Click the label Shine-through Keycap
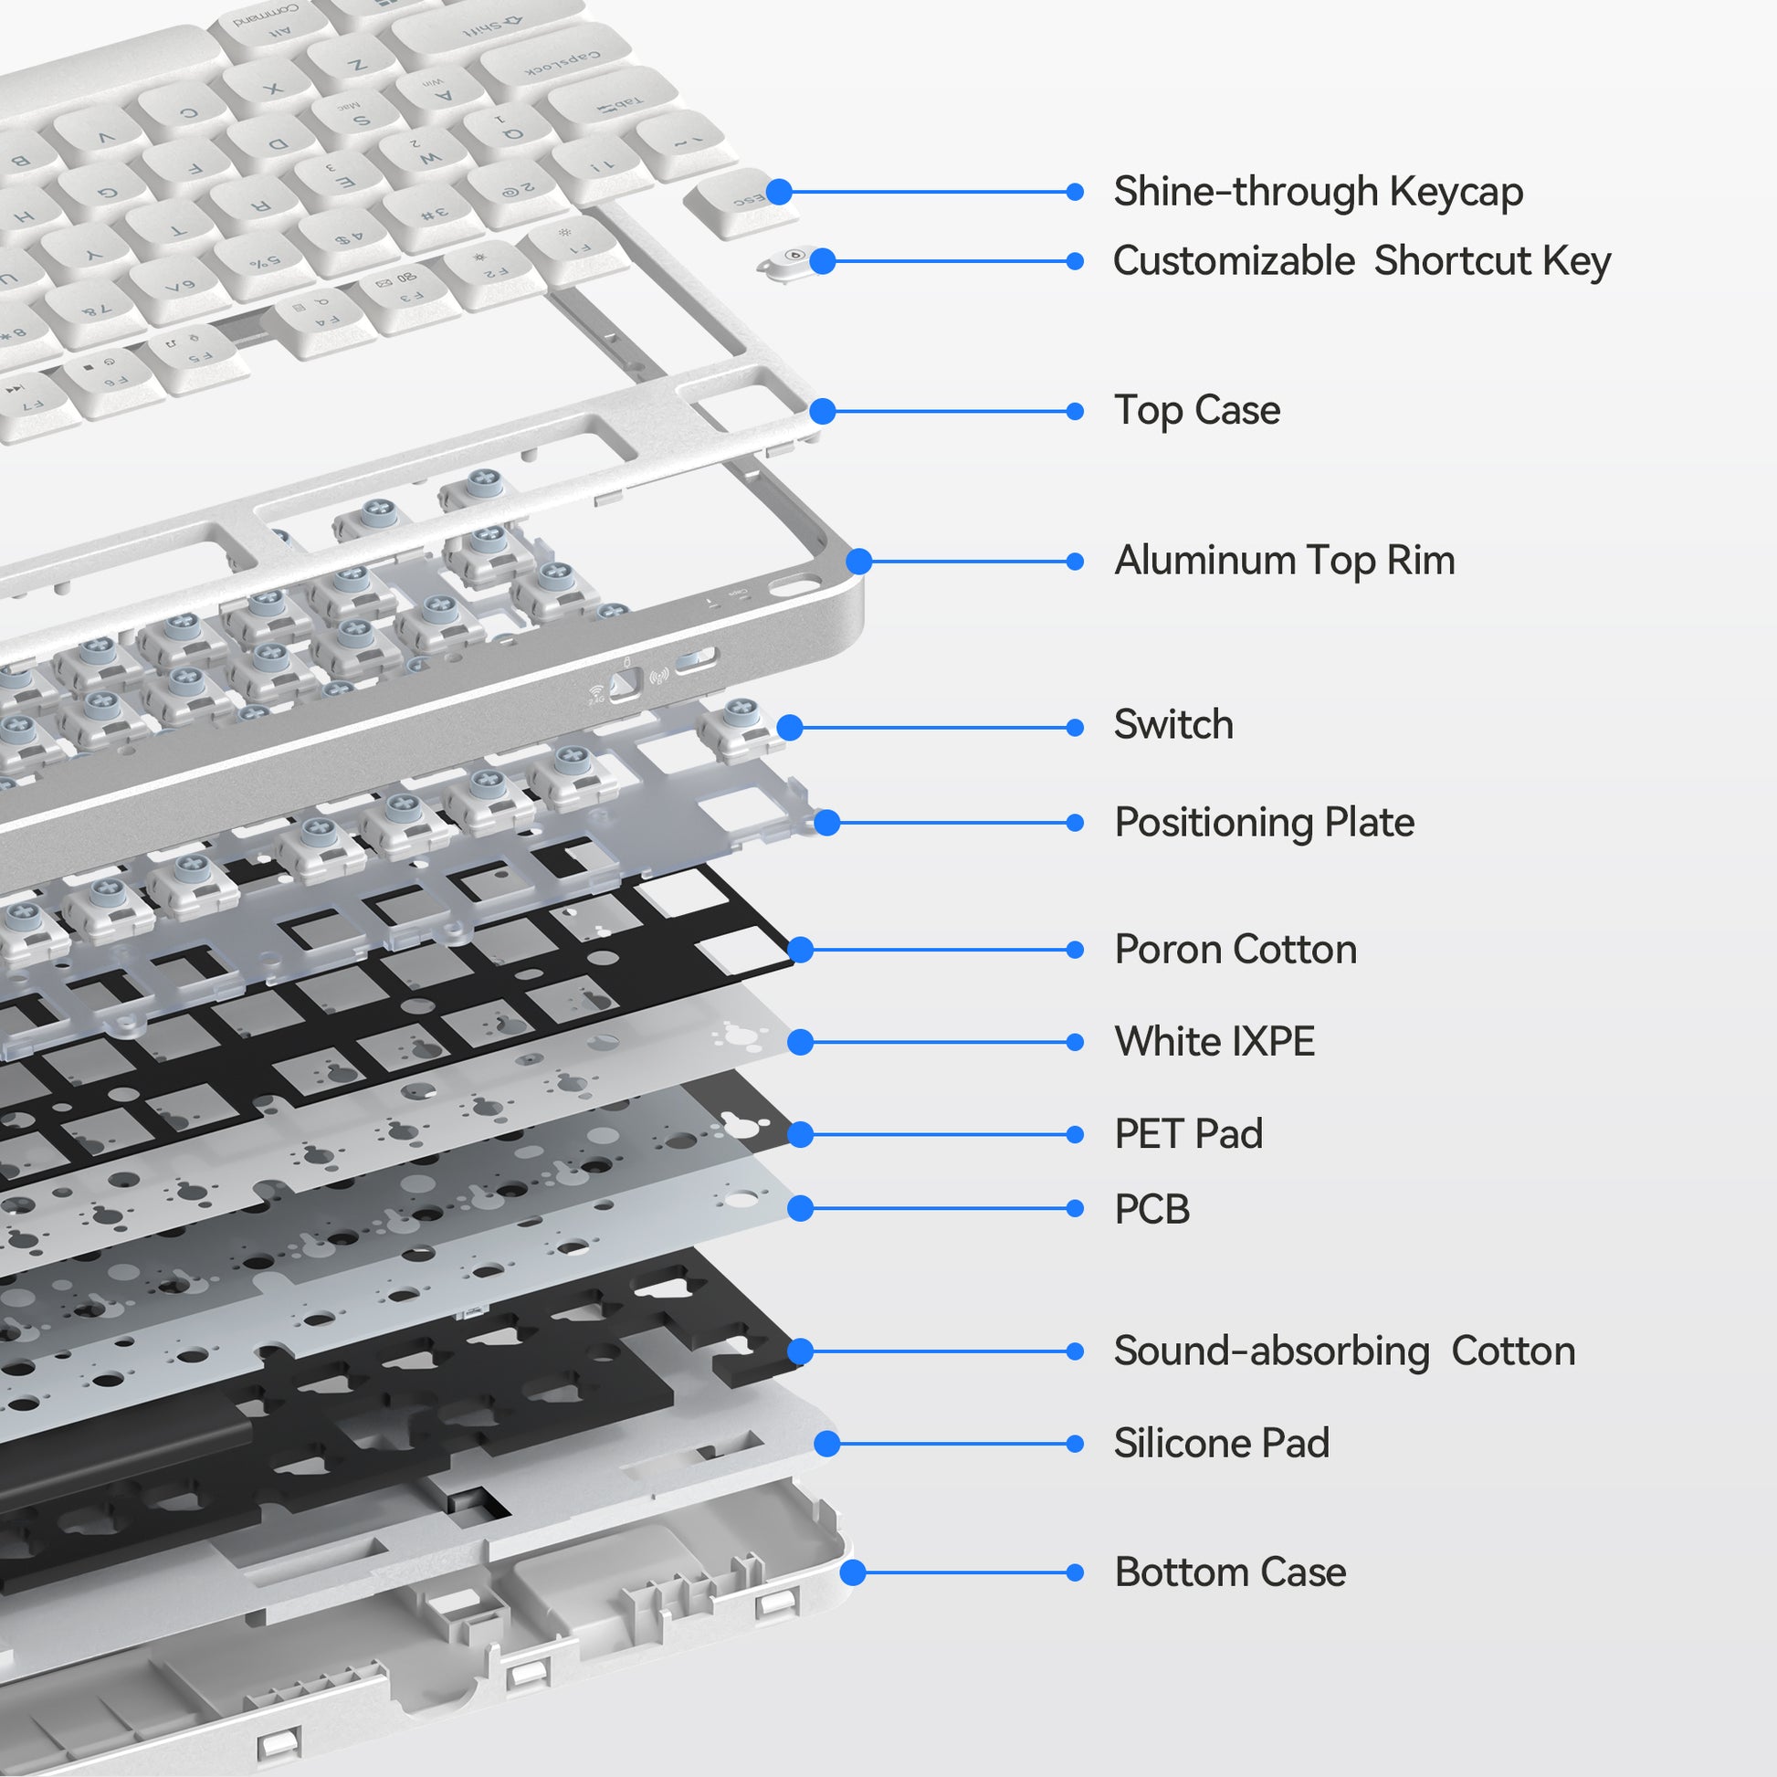(x=1317, y=193)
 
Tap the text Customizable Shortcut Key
(x=1362, y=261)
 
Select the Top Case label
(x=1195, y=410)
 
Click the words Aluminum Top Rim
(x=1284, y=561)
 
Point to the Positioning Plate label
(x=1264, y=822)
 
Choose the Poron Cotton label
(x=1235, y=949)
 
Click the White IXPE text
(x=1214, y=1041)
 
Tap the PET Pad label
(x=1187, y=1134)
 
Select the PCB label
(x=1151, y=1209)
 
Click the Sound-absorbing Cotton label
(x=1344, y=1351)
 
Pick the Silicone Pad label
(x=1221, y=1443)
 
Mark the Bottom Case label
(x=1230, y=1572)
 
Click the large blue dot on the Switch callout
(x=789, y=728)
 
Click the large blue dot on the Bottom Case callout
(x=853, y=1572)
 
